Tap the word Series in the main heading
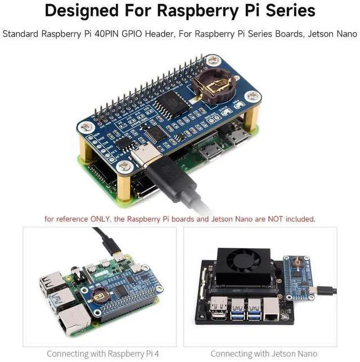click(286, 11)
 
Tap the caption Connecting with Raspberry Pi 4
click(99, 354)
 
